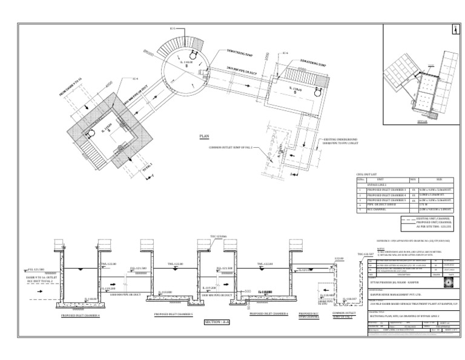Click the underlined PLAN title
click(204, 137)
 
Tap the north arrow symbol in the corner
click(454, 29)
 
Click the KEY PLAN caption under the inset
click(415, 121)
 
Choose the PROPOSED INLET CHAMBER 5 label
click(174, 314)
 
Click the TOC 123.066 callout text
click(218, 235)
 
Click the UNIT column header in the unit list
click(381, 179)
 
